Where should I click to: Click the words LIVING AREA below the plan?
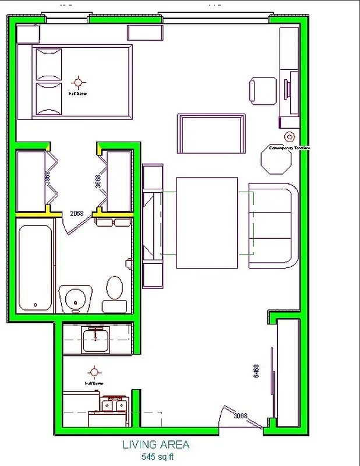(156, 444)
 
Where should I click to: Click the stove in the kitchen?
(114, 406)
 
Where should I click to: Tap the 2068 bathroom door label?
(77, 213)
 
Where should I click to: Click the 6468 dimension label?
(256, 372)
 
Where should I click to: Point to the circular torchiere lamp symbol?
(289, 137)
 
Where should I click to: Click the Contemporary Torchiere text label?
(288, 148)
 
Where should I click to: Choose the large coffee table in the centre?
(207, 223)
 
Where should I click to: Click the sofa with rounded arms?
(273, 225)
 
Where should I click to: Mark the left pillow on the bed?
(49, 64)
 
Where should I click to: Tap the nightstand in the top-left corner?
(27, 33)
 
